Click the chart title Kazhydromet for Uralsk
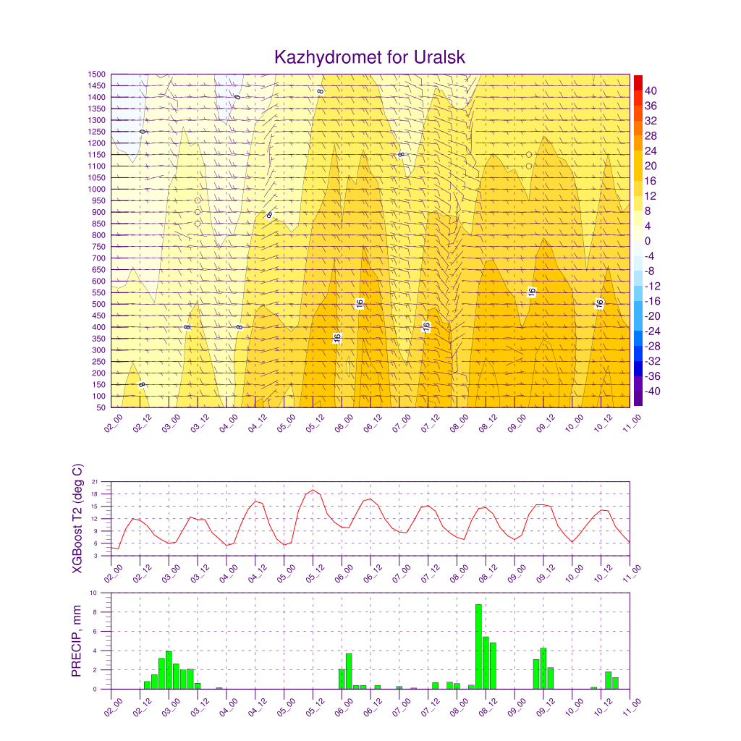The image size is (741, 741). click(x=370, y=57)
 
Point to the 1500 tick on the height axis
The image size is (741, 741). click(x=97, y=75)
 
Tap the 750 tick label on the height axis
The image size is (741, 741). click(x=98, y=247)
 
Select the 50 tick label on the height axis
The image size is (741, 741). click(x=101, y=407)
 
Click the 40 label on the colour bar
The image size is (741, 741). click(x=651, y=90)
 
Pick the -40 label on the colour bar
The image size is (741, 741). click(x=653, y=391)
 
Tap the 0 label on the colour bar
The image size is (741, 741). click(x=648, y=241)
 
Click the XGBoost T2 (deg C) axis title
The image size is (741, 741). click(x=77, y=518)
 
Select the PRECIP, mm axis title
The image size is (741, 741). click(x=76, y=641)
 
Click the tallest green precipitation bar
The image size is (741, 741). click(x=479, y=646)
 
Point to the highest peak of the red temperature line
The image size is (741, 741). click(x=313, y=490)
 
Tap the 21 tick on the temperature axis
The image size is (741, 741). click(x=95, y=481)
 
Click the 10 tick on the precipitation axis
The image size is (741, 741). click(x=93, y=593)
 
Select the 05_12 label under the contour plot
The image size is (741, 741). click(x=316, y=423)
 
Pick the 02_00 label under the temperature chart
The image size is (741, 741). click(x=114, y=573)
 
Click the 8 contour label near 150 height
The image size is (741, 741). click(x=141, y=385)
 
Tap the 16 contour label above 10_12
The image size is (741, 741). click(x=599, y=304)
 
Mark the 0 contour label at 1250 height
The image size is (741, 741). click(x=143, y=132)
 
